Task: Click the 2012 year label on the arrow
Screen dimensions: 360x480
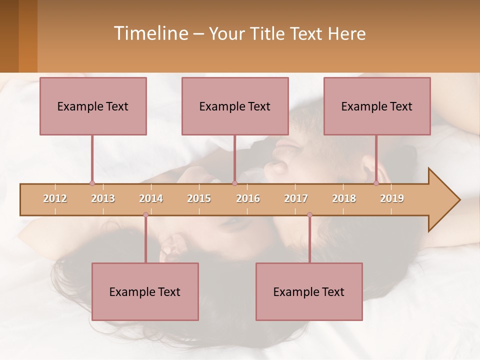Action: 55,198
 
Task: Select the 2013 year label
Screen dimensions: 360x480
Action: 103,198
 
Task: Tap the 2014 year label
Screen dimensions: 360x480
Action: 151,198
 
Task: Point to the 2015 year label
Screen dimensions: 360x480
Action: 199,198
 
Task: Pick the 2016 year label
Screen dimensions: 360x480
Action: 248,198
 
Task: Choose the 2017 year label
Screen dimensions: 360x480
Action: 296,198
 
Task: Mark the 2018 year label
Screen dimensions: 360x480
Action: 344,198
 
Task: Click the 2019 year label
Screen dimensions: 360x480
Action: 392,198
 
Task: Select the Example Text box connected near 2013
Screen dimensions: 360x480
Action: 93,106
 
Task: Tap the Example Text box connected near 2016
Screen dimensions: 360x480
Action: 235,106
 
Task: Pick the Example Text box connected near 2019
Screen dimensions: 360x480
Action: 377,106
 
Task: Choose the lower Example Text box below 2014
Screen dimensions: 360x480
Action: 145,291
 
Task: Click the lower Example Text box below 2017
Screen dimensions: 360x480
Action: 309,291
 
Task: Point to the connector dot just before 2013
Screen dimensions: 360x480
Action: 92,183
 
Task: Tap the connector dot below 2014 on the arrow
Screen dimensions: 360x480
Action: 145,214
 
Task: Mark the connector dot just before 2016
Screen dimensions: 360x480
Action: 234,183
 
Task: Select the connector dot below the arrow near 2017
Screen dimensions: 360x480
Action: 309,214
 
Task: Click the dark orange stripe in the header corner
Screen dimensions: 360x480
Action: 28,36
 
